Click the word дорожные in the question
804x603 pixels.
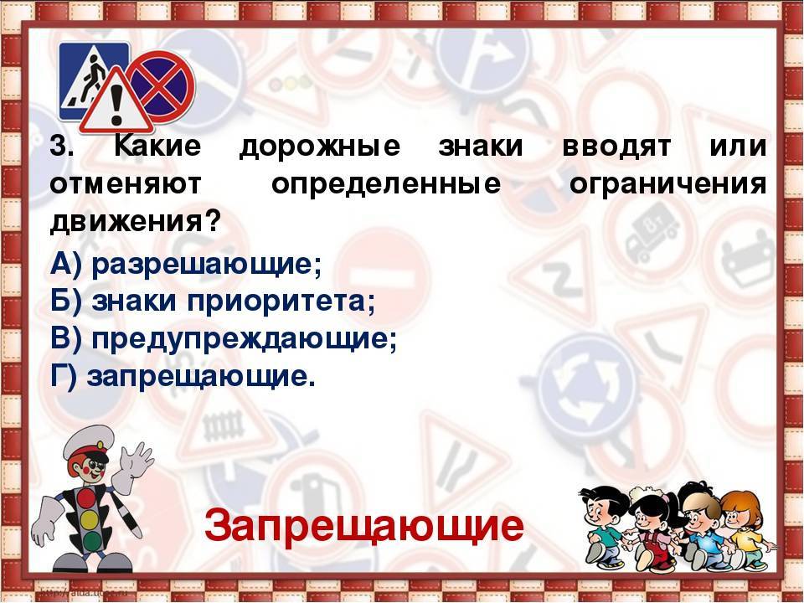coord(319,147)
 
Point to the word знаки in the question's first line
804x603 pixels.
coord(481,146)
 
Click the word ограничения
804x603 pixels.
coord(667,184)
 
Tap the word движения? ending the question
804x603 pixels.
coord(136,222)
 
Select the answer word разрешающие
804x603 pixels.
coord(206,265)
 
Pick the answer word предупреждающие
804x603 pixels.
coord(244,339)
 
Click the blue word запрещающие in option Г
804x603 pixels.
coord(200,377)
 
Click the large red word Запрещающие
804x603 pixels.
coord(364,526)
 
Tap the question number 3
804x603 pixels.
coord(61,147)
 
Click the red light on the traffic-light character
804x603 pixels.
coord(87,497)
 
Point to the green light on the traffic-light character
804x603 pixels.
coord(92,541)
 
